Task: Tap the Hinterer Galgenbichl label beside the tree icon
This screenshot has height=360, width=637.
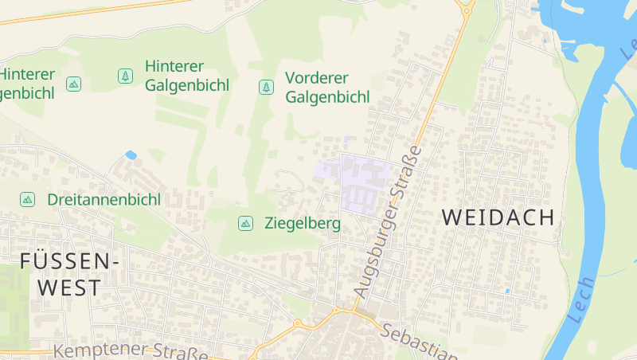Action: coord(187,76)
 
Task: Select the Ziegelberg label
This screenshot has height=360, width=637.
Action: coord(302,224)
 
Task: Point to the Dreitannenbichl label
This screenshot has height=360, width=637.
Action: coord(104,199)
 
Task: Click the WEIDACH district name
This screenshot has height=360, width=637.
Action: coord(498,217)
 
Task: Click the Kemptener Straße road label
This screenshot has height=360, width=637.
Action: coord(131,351)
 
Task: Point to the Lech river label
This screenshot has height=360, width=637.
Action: coord(582,299)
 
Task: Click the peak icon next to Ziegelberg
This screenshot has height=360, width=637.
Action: coord(246,224)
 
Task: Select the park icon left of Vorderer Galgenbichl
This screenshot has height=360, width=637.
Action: coord(266,87)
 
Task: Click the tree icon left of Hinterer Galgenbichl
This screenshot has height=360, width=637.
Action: coord(125,76)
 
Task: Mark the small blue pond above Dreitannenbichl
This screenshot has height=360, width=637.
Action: coord(131,155)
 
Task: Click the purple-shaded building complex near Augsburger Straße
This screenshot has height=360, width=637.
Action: coord(365,185)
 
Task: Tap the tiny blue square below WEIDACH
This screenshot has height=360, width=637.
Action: coord(507,291)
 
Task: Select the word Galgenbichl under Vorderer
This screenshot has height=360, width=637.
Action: coord(327,97)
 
